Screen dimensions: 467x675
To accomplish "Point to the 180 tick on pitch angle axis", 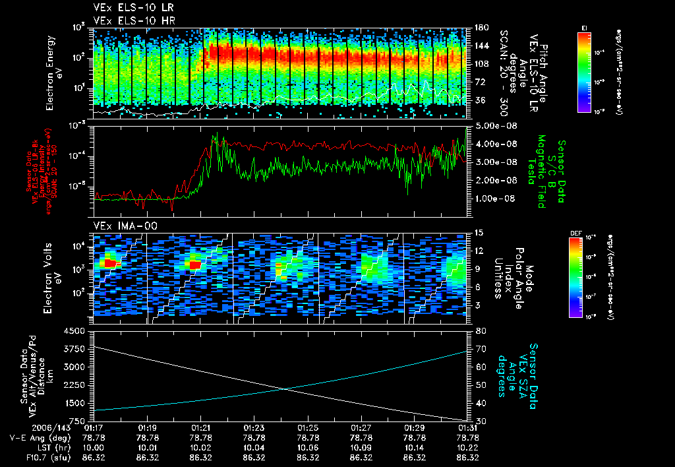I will [x=476, y=28].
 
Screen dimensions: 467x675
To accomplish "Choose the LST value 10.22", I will [x=467, y=447].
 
